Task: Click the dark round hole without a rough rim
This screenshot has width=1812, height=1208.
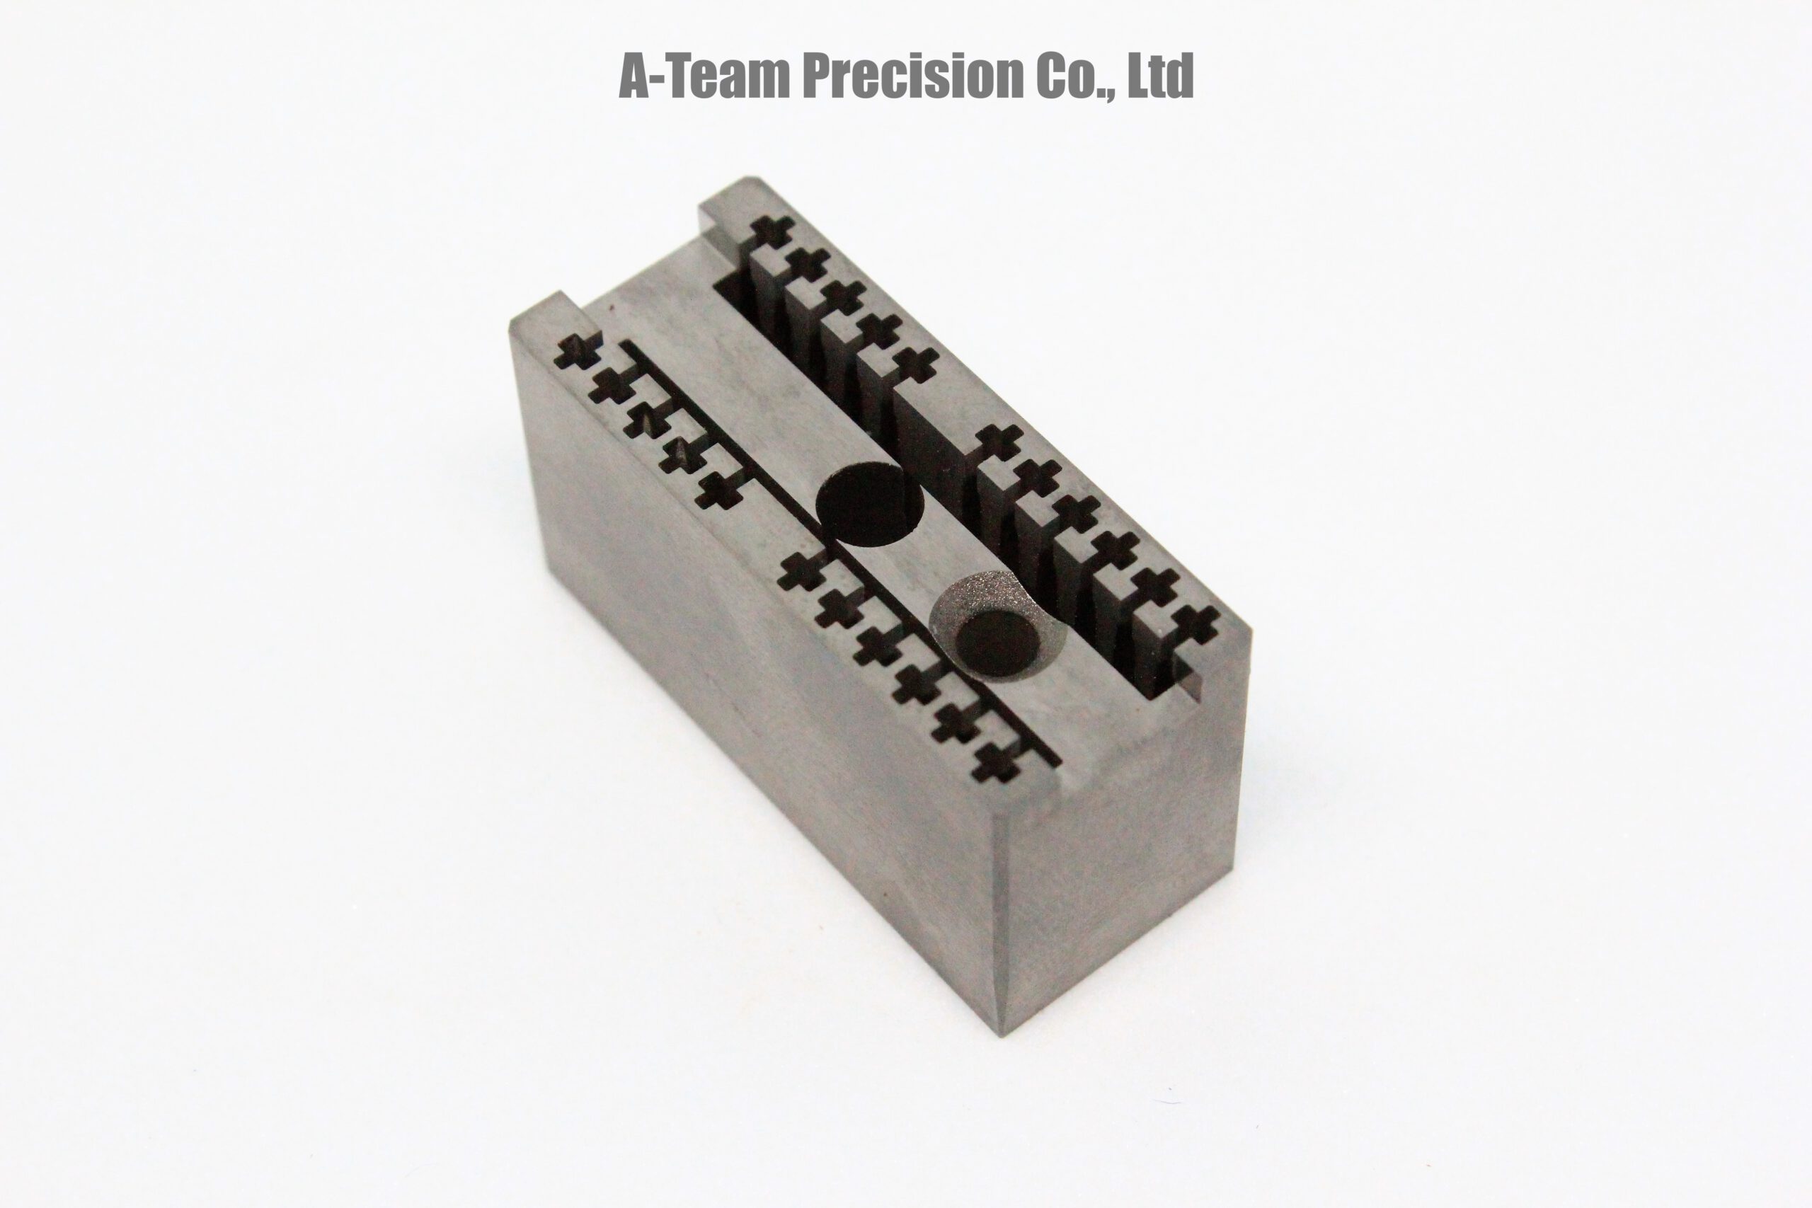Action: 870,505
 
